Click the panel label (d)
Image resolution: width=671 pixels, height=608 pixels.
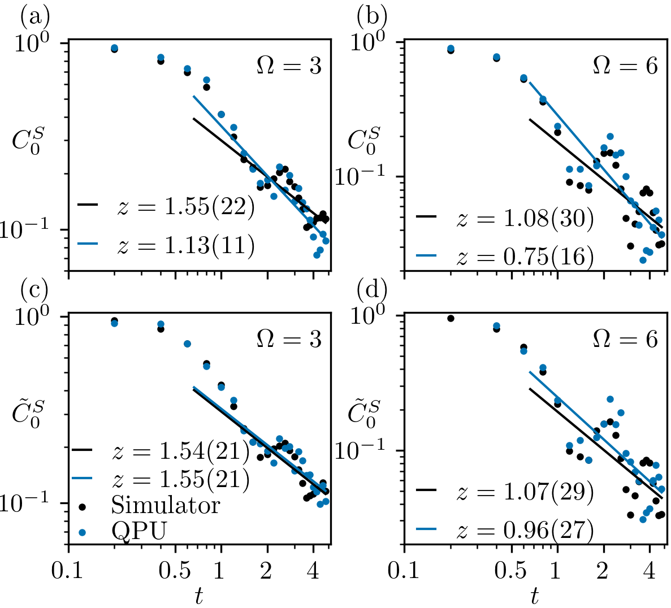coord(371,291)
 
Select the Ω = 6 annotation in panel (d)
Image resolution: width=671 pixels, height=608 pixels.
coord(625,339)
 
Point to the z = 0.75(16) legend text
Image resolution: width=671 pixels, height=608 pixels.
coord(525,257)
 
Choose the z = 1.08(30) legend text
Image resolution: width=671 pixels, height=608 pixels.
coord(525,219)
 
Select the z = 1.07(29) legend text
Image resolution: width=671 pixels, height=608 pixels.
coord(525,492)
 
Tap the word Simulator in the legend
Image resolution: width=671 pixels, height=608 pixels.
coord(165,505)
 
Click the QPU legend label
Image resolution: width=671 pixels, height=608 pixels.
coord(139,531)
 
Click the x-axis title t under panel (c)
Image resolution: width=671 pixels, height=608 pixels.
coord(199,597)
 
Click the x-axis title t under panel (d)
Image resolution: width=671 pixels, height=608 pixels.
coord(534,597)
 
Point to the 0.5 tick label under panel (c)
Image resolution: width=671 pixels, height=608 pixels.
coord(175,571)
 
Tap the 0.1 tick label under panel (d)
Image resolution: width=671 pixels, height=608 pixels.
coord(404,571)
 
